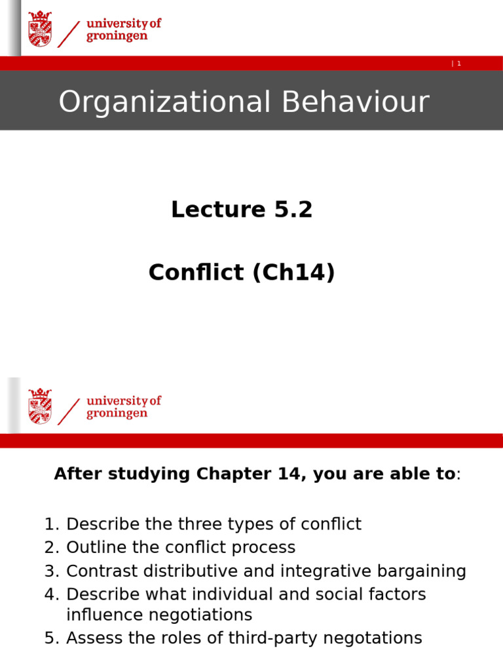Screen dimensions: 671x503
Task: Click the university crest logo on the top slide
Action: (40, 29)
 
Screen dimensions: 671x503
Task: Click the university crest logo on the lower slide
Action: (40, 406)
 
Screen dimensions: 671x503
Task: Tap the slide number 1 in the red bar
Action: (459, 64)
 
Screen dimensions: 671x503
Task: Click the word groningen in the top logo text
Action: (117, 36)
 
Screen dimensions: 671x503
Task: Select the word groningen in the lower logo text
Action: (117, 413)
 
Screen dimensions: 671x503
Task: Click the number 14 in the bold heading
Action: (293, 474)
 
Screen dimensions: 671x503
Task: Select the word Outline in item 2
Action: (94, 548)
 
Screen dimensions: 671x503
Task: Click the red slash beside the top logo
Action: (69, 33)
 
